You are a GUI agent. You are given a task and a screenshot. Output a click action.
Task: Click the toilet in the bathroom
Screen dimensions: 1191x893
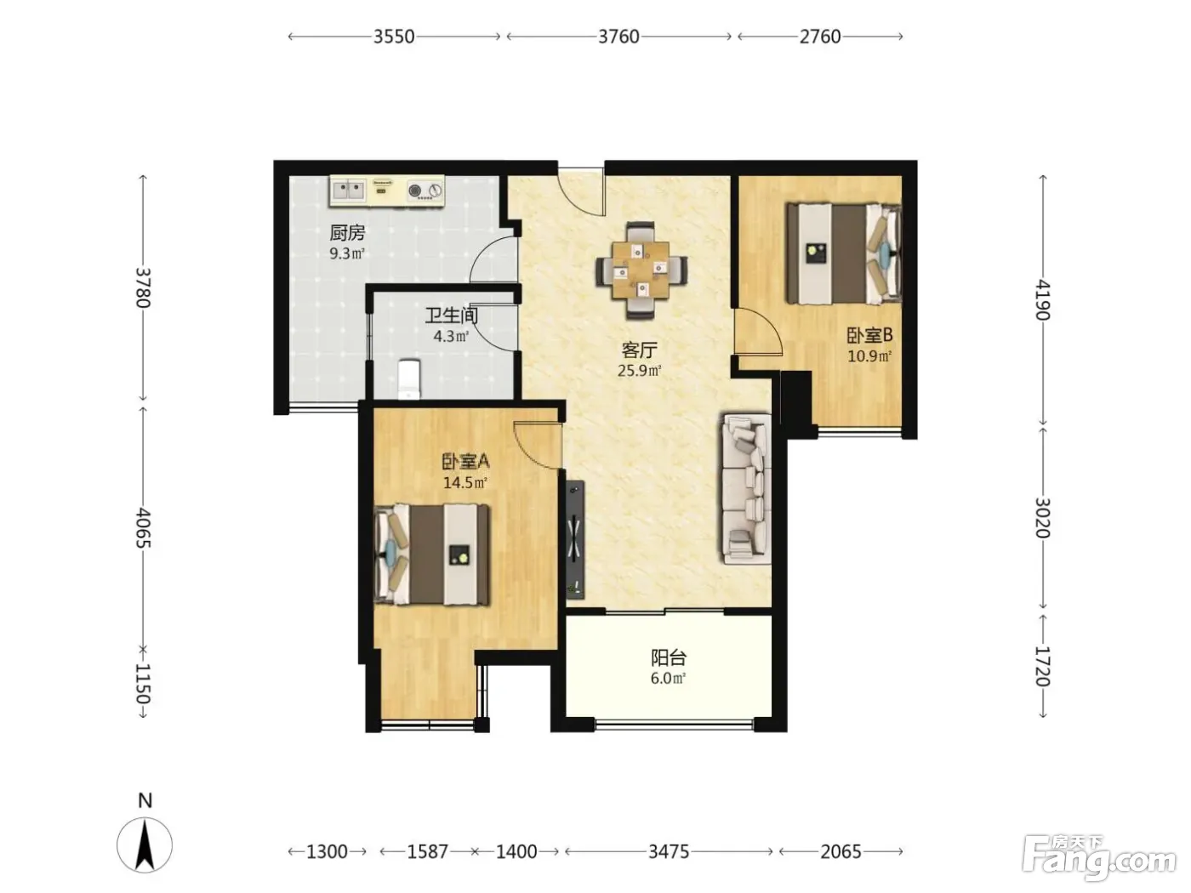pyautogui.click(x=409, y=379)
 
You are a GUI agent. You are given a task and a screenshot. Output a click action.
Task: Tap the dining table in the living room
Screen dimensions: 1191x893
pyautogui.click(x=641, y=270)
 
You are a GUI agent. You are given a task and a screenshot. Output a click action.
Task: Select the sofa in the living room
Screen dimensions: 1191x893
pyautogui.click(x=746, y=490)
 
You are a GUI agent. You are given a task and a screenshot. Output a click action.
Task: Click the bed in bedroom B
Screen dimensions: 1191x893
pyautogui.click(x=844, y=253)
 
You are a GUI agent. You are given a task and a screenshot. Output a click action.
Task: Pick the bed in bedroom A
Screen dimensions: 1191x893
pyautogui.click(x=432, y=555)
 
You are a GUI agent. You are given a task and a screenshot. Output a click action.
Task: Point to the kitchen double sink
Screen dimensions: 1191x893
pyautogui.click(x=349, y=191)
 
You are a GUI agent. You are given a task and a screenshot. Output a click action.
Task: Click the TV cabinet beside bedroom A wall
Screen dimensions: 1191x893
pyautogui.click(x=575, y=539)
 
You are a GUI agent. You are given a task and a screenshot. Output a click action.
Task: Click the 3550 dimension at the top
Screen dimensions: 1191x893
pyautogui.click(x=394, y=37)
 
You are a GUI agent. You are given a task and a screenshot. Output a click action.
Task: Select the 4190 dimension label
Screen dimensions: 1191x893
pyautogui.click(x=1043, y=300)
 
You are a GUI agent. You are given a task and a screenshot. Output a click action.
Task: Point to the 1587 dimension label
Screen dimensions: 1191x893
pyautogui.click(x=428, y=852)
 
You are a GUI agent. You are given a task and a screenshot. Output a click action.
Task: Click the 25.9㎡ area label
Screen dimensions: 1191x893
pyautogui.click(x=639, y=371)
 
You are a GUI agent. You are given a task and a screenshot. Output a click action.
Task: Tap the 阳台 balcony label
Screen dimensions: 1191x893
pyautogui.click(x=669, y=657)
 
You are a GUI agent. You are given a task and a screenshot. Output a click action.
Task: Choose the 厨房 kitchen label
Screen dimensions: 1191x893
pyautogui.click(x=347, y=233)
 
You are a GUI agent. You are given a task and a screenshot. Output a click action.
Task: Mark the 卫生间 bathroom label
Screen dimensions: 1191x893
pyautogui.click(x=451, y=316)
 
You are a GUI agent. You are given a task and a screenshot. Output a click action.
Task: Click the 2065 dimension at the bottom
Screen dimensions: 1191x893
pyautogui.click(x=841, y=852)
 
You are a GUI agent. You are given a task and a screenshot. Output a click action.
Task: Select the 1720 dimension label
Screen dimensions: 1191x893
pyautogui.click(x=1043, y=667)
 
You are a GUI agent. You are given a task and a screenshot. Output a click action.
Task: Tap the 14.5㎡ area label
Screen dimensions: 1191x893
pyautogui.click(x=465, y=482)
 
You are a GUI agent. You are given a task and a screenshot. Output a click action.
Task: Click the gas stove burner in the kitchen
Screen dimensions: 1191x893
pyautogui.click(x=414, y=191)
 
